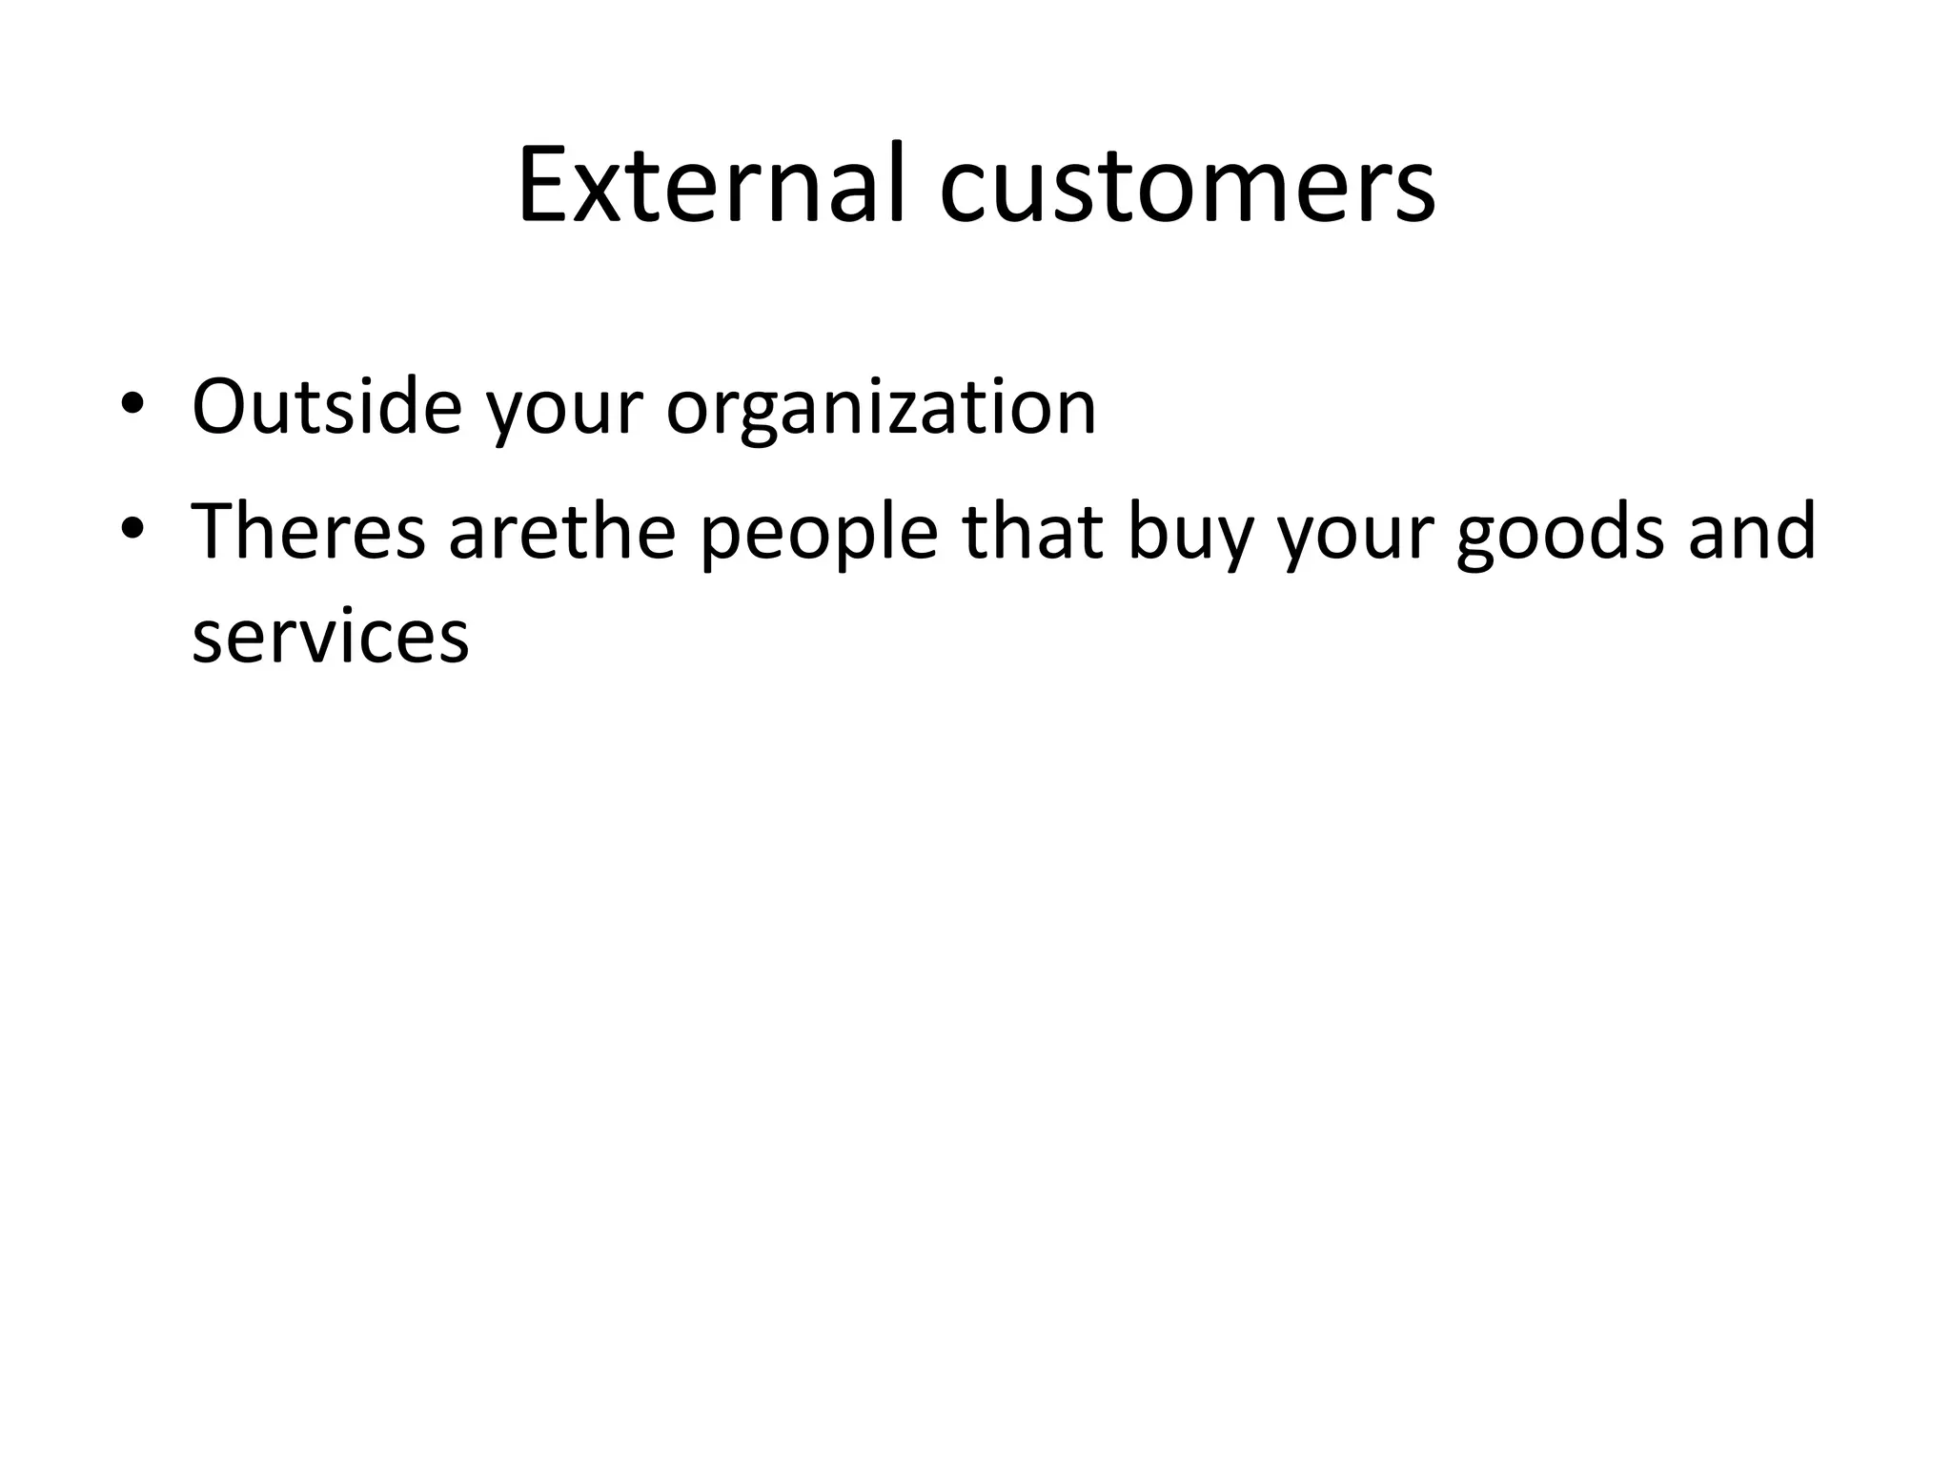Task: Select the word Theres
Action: click(x=308, y=531)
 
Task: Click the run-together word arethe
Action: click(x=562, y=531)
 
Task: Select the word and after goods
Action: click(x=1752, y=531)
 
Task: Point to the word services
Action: click(x=330, y=636)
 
